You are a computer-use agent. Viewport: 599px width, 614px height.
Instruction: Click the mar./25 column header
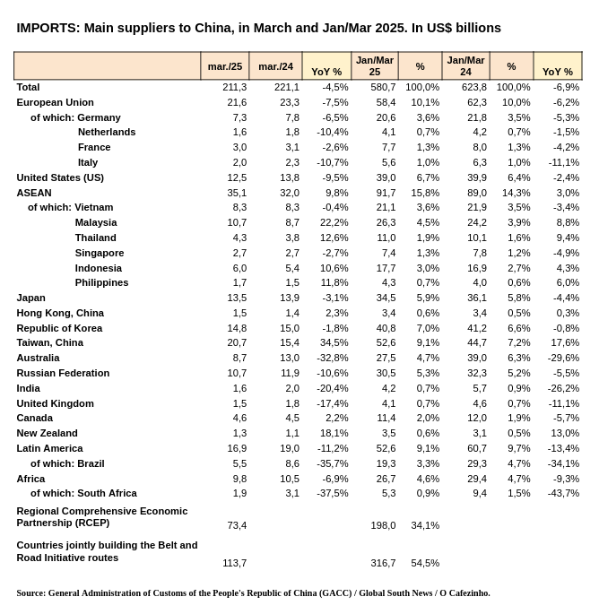pos(225,66)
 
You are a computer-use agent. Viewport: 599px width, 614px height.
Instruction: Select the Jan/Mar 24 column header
pos(465,65)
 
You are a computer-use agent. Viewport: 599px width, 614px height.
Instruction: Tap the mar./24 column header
pos(275,66)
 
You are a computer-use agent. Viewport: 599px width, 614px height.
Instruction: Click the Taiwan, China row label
pos(49,343)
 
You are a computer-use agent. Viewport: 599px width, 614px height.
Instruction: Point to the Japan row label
pos(31,298)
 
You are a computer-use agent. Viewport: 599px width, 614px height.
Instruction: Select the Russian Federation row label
pos(63,373)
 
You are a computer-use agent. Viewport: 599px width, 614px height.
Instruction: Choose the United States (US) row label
pos(60,177)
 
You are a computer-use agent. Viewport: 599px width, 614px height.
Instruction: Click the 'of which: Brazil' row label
pos(67,463)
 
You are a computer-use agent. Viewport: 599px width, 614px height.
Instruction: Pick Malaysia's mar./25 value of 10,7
pos(237,223)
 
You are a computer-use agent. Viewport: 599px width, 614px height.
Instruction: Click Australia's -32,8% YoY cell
pos(332,359)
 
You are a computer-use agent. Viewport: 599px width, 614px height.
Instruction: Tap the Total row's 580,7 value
pos(383,87)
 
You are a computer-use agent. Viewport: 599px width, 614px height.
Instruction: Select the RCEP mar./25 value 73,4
pos(237,525)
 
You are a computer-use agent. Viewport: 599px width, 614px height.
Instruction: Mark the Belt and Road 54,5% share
pos(425,563)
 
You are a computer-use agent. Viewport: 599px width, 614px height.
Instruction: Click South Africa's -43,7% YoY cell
pos(563,493)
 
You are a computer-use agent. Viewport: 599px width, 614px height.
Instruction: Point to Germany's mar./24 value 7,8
pos(292,117)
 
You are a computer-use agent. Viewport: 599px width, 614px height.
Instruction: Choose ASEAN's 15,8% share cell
pos(425,193)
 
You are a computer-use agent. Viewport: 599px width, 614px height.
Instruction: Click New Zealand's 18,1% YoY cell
pos(334,434)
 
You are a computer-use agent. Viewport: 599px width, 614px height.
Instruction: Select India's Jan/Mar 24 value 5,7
pos(480,388)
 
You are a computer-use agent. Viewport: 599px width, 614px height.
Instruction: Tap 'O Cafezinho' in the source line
pos(464,593)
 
